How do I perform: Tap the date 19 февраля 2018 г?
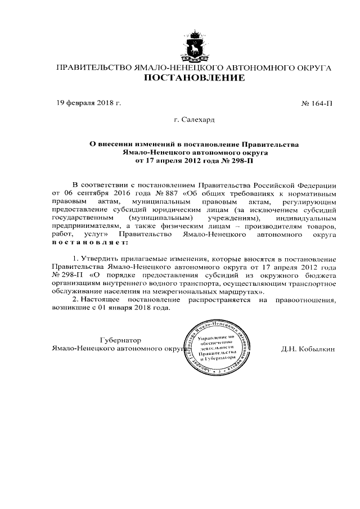(x=89, y=103)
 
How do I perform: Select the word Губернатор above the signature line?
(x=120, y=340)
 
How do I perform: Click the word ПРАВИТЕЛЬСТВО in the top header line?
(x=92, y=68)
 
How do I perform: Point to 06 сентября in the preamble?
(x=84, y=193)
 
